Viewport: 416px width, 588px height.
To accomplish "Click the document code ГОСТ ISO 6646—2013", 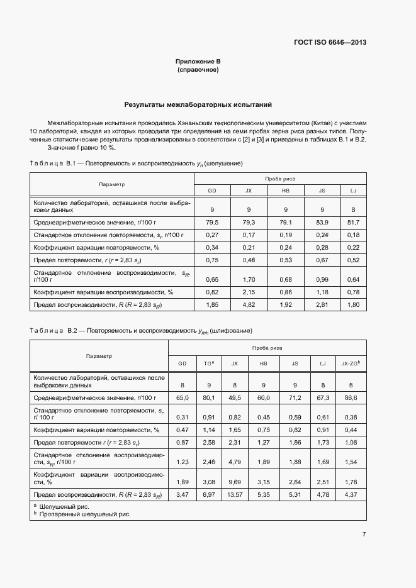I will [x=330, y=43].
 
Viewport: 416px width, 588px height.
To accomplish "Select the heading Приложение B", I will [x=198, y=62].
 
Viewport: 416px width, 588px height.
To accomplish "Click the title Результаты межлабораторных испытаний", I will [x=198, y=105].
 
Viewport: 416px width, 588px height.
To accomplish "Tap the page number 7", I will [x=364, y=534].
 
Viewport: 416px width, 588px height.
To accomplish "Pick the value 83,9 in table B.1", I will [x=322, y=223].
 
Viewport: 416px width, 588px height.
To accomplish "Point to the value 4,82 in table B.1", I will [x=249, y=304].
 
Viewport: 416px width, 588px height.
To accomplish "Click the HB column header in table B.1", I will [x=285, y=191].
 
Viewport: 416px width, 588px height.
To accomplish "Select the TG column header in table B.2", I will [x=209, y=364].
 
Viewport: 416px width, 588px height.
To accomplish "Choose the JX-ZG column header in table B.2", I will [x=350, y=364].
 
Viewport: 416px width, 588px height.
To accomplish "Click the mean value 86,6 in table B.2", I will [x=351, y=398].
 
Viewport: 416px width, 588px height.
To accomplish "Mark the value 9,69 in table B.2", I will [x=235, y=482].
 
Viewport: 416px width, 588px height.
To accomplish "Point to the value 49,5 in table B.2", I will [x=235, y=398].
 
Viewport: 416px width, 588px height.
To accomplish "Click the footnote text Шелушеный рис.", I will [x=64, y=506].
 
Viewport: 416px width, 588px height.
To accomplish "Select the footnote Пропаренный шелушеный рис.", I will [x=85, y=514].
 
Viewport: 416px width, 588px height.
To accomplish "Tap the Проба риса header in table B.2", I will [x=267, y=348].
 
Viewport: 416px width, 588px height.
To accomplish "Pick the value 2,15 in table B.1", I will [x=249, y=292].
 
